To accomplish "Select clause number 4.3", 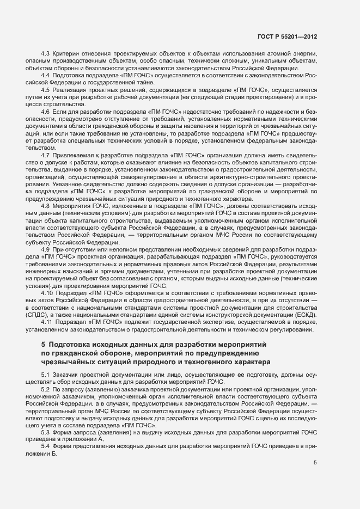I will coord(45,52).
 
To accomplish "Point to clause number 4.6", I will coord(45,111).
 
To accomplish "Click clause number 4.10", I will coord(47,293).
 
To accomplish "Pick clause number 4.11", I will coord(47,322).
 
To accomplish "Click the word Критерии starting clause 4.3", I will coord(66,52).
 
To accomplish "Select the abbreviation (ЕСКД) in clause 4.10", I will coord(304,315).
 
